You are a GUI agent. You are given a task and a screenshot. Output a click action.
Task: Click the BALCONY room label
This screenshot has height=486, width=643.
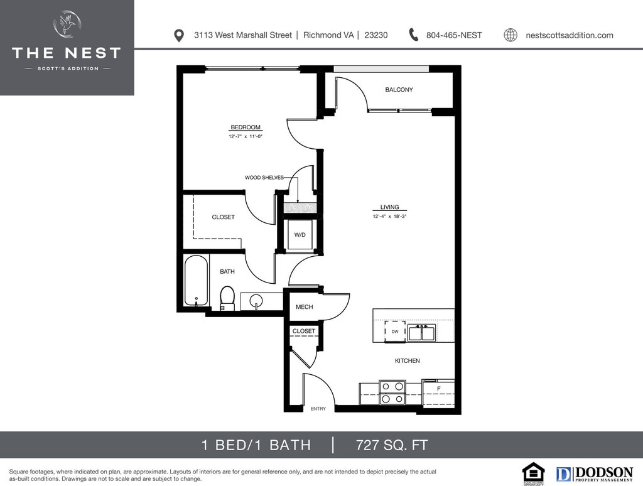click(399, 90)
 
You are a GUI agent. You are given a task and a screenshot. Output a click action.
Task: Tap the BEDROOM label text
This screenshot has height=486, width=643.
click(245, 127)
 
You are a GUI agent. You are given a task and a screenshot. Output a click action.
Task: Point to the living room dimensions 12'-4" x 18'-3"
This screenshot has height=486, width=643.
click(389, 217)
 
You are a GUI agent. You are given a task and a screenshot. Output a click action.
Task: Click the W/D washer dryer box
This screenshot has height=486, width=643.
click(300, 235)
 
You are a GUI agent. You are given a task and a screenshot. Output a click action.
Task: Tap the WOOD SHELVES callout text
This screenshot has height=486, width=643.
click(264, 178)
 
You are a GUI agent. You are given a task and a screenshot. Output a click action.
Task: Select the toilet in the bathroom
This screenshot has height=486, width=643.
click(227, 297)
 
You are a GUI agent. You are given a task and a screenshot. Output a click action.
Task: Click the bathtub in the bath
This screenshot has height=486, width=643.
click(196, 281)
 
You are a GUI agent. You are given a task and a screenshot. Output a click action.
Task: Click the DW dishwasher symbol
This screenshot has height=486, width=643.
click(395, 331)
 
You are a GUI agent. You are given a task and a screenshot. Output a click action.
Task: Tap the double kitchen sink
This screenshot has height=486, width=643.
click(421, 332)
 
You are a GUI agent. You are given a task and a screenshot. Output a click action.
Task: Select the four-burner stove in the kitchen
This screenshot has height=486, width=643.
click(392, 392)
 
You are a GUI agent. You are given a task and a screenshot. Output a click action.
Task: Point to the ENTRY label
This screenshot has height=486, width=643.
click(318, 409)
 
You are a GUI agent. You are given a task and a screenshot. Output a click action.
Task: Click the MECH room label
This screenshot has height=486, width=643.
click(305, 307)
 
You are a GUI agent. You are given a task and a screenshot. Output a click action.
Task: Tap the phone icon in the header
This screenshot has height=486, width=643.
click(413, 35)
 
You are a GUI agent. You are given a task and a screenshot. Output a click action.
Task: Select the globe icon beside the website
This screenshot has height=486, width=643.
click(511, 35)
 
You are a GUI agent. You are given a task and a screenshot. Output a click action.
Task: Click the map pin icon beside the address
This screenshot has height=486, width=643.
click(179, 35)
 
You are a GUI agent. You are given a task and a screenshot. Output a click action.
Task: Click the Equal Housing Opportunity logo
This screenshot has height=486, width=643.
click(534, 473)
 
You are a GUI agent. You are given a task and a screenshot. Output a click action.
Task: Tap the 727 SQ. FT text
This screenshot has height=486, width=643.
click(392, 445)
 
